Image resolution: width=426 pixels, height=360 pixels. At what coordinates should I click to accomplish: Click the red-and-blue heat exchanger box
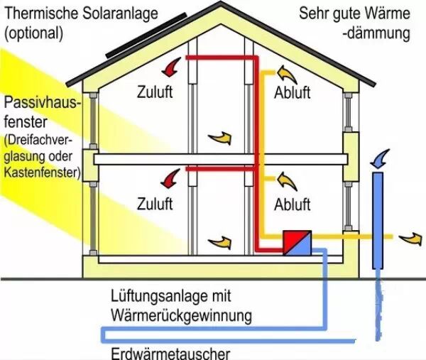297,243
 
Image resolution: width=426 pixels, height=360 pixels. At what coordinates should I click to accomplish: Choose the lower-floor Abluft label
293,204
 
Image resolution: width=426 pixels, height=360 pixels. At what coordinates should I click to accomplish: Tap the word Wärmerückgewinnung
182,314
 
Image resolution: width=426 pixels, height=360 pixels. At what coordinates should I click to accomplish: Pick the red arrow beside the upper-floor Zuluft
171,67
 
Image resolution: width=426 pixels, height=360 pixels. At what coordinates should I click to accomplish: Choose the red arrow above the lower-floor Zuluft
170,178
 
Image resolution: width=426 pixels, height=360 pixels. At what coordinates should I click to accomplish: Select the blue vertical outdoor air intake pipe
378,220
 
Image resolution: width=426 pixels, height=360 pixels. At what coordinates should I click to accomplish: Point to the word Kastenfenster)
41,172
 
